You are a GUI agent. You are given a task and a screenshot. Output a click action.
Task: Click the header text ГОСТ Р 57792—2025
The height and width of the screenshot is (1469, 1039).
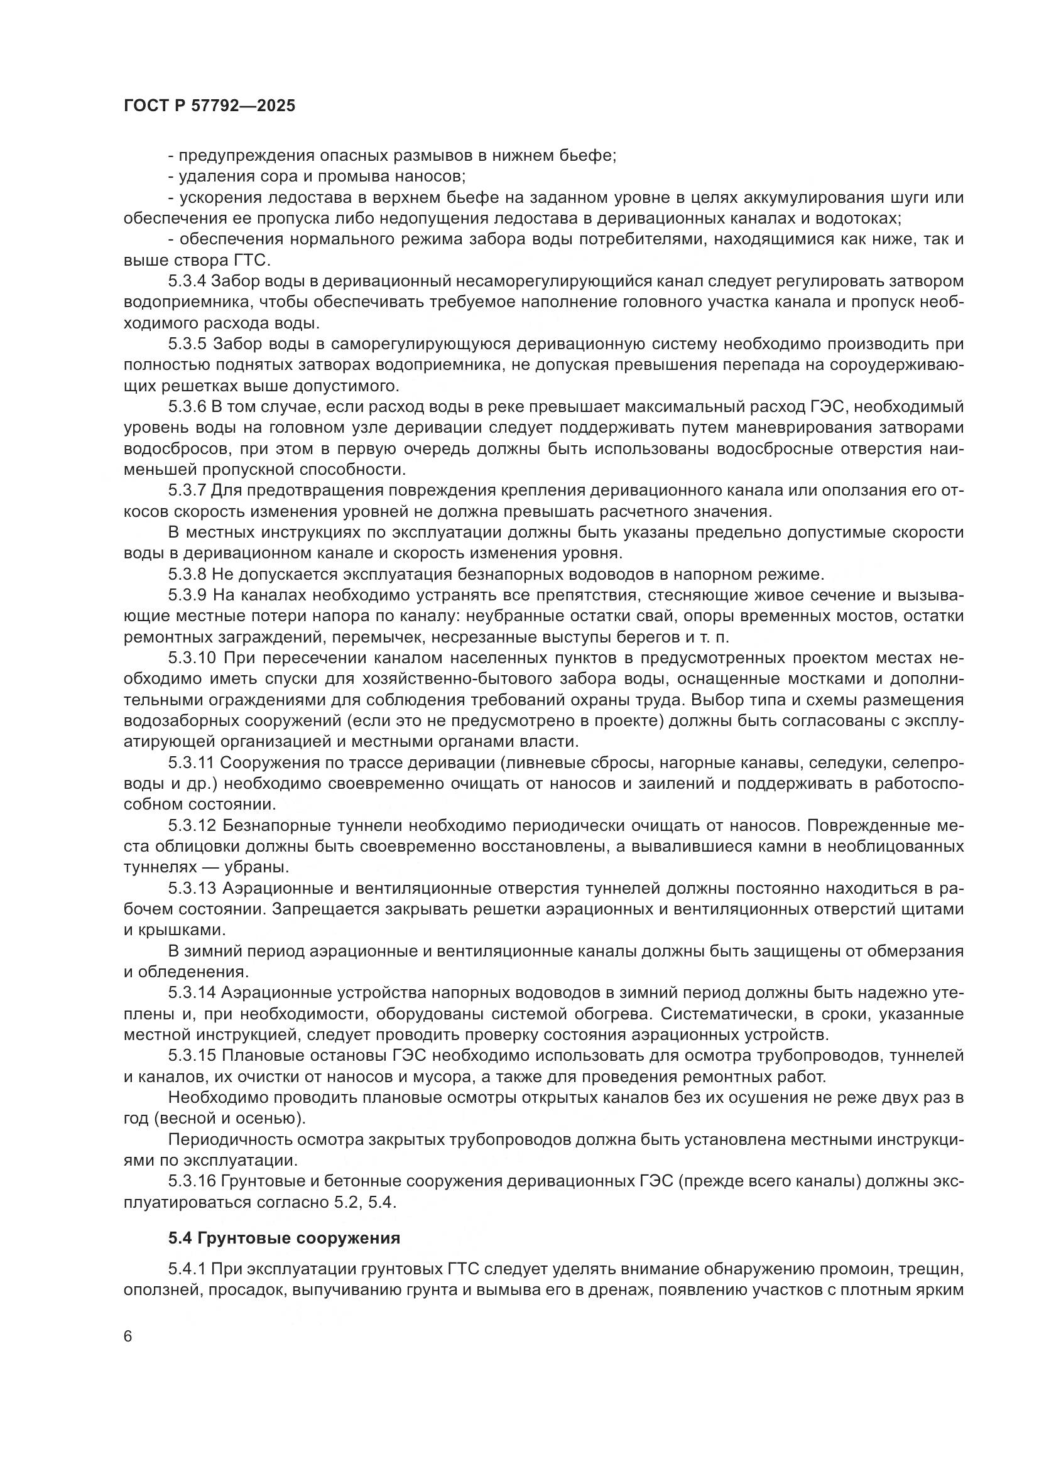click(x=209, y=106)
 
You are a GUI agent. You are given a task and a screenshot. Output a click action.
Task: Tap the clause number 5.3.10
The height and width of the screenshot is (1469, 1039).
click(x=192, y=658)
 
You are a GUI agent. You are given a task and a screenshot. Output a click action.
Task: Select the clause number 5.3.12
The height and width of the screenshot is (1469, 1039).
click(x=192, y=825)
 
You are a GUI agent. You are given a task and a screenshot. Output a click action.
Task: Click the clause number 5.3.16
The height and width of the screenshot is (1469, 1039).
click(x=192, y=1181)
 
